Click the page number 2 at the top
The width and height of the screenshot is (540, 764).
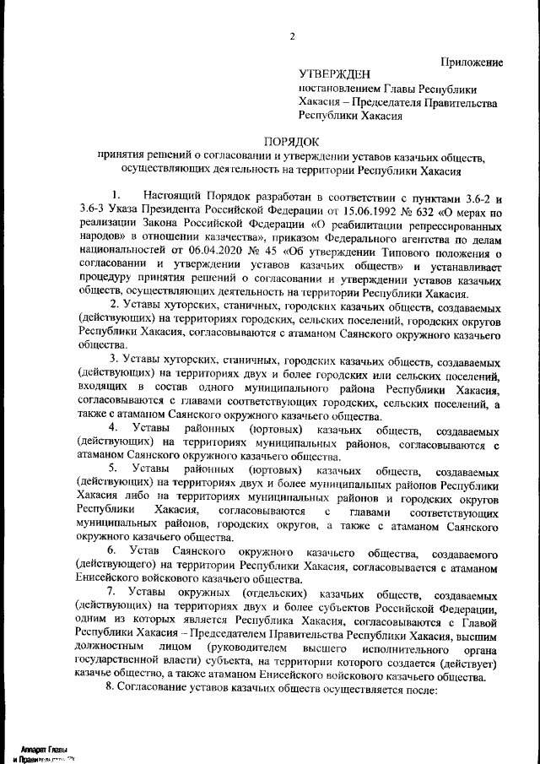[292, 35]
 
